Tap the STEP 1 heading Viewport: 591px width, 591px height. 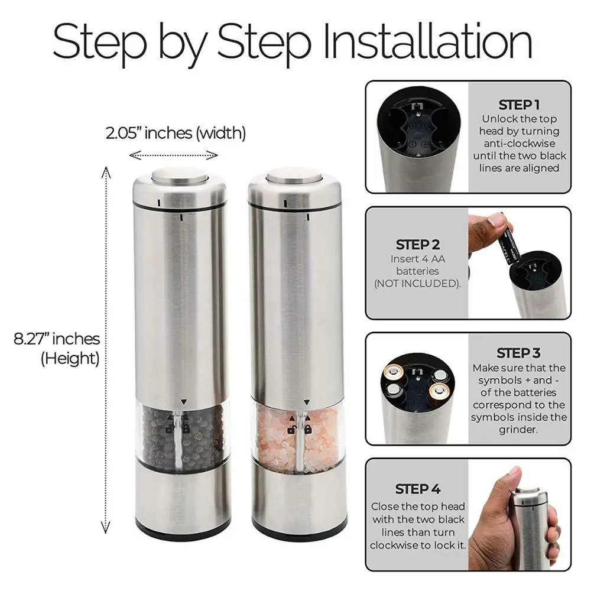(519, 105)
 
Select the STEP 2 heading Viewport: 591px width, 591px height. (418, 245)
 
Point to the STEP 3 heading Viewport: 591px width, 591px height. (518, 353)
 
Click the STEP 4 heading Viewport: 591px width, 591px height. (418, 489)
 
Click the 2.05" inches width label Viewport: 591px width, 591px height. (176, 133)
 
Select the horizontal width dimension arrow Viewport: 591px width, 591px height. (174, 155)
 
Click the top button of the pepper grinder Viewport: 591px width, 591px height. (178, 176)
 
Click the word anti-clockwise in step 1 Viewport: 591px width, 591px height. (519, 144)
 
